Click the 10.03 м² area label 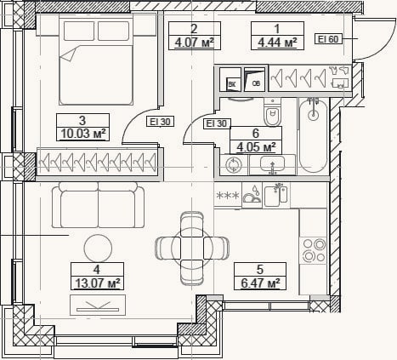point(83,134)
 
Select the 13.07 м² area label point(97,283)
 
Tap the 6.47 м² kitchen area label point(260,283)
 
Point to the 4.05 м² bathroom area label point(256,147)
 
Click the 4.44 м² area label point(277,43)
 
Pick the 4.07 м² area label point(194,43)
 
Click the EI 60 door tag point(328,39)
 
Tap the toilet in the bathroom point(273,111)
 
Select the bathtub point(313,135)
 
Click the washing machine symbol point(234,165)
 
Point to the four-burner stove point(314,250)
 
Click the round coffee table point(98,249)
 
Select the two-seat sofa point(98,205)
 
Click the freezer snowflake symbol point(228,196)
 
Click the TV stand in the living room point(98,305)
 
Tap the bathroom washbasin point(272,164)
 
